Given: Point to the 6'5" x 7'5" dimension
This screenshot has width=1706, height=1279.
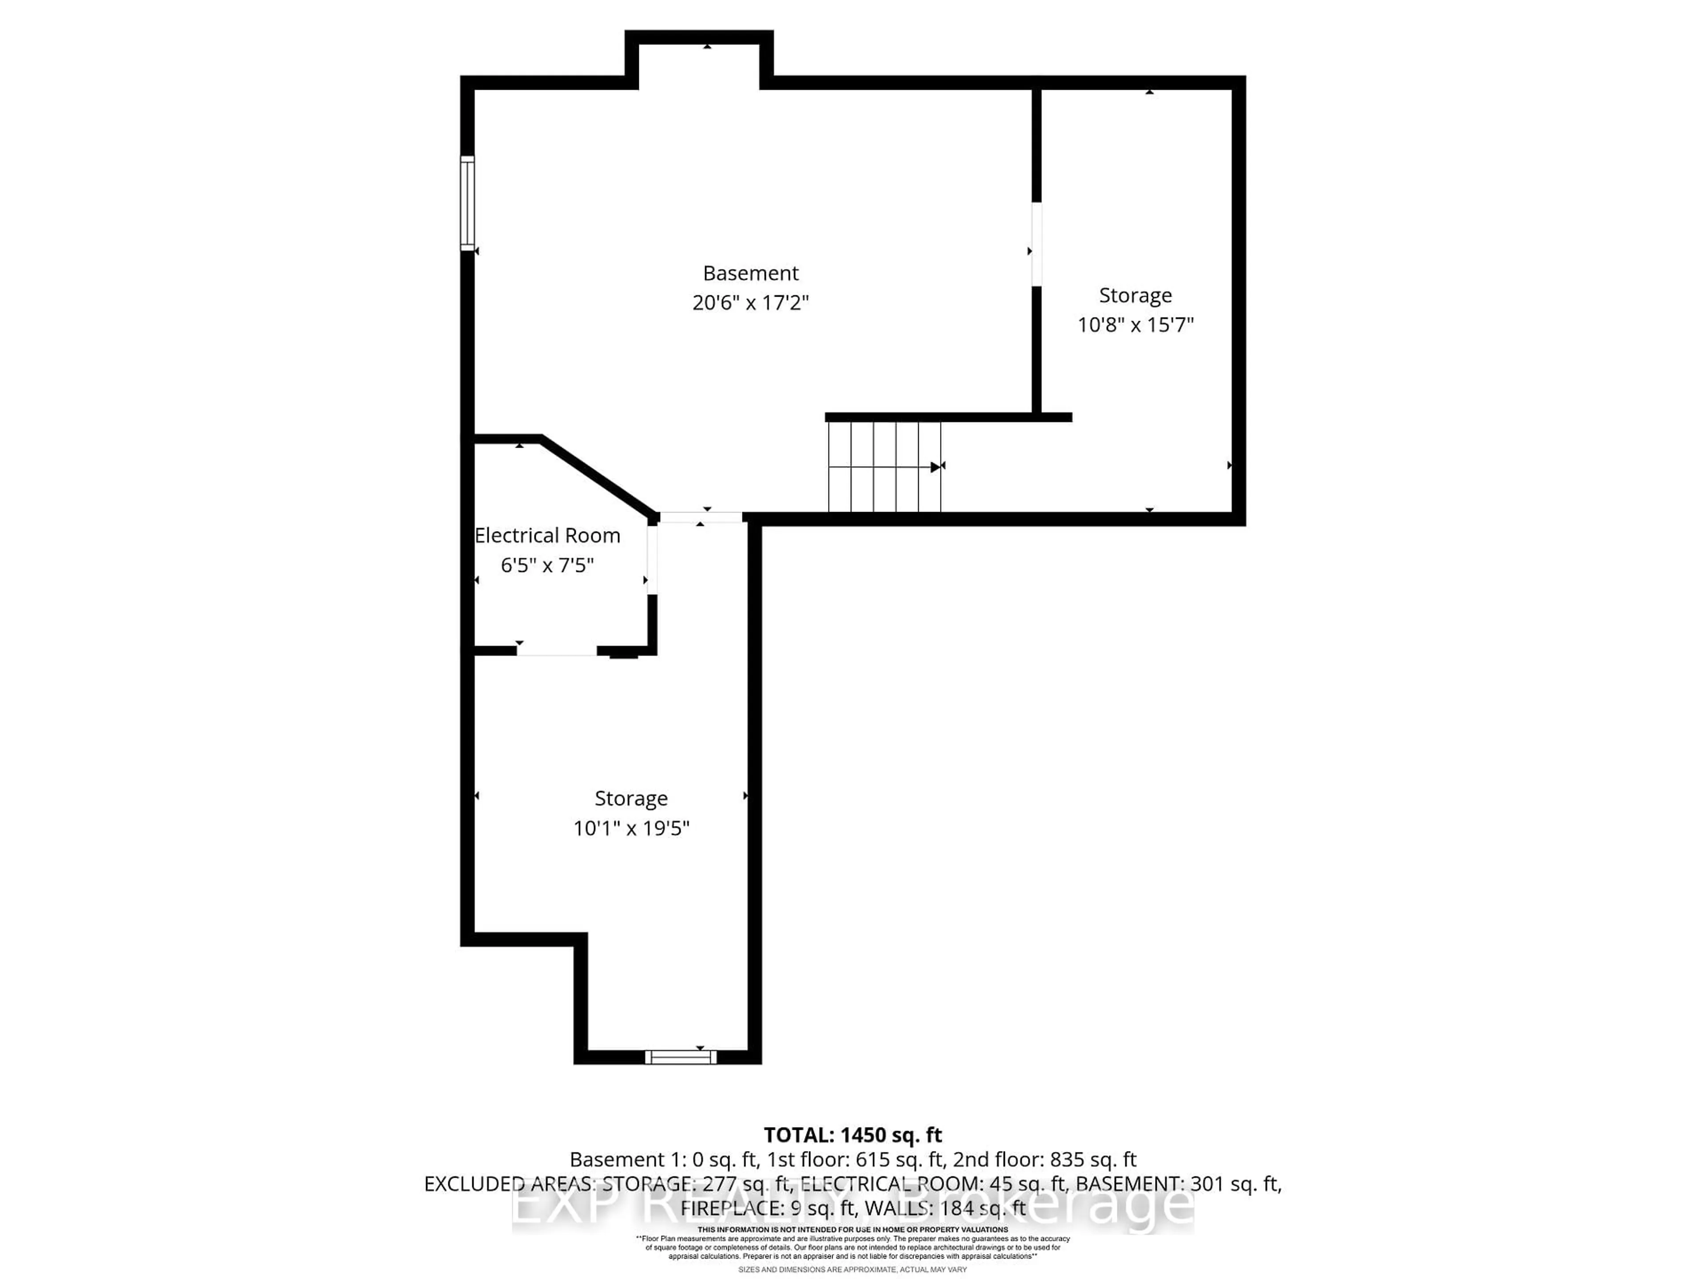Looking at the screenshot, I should [547, 565].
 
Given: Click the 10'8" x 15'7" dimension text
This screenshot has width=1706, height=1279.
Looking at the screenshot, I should [1135, 325].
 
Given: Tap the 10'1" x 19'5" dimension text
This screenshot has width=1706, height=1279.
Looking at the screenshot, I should [631, 828].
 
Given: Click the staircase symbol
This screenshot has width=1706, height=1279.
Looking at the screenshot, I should [884, 466].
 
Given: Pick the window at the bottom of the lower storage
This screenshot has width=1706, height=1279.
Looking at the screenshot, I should [680, 1057].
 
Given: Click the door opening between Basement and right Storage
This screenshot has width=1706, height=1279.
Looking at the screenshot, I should [1036, 244].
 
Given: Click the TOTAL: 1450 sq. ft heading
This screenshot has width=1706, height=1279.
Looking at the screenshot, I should [852, 1135].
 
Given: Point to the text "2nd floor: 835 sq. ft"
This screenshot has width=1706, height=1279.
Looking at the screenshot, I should [1044, 1160].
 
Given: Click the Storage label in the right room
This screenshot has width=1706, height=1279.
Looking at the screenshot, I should [1135, 295].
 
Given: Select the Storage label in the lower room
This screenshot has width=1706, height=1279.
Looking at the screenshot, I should [631, 798].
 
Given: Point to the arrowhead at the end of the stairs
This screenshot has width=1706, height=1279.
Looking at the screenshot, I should [936, 466].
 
